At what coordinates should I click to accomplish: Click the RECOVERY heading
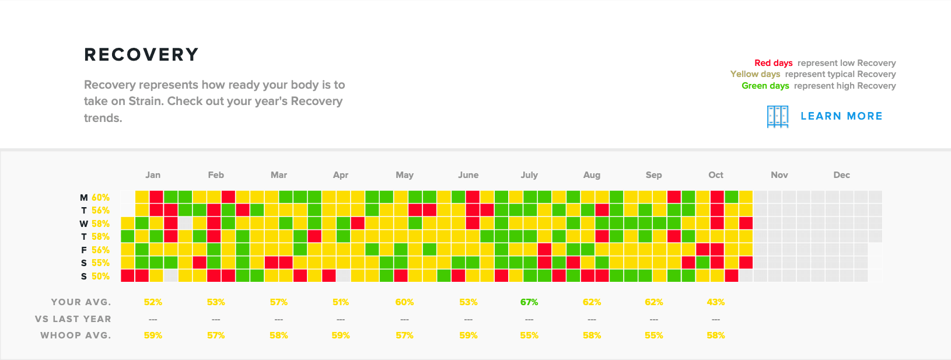coord(141,55)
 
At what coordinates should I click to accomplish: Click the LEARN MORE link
coord(841,116)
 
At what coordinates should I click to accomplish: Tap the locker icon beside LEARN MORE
coord(777,117)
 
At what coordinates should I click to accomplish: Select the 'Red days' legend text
coord(773,63)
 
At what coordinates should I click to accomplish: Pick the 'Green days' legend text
coord(765,86)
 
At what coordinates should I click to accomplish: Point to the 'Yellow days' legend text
coord(755,74)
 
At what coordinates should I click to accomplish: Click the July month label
coord(529,175)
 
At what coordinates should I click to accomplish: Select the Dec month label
coord(841,175)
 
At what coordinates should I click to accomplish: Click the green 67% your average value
coord(529,302)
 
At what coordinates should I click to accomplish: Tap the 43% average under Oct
coord(715,302)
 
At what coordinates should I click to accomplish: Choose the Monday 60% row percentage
coord(100,198)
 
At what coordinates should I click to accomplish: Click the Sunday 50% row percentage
coord(100,277)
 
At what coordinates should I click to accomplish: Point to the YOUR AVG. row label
coord(81,302)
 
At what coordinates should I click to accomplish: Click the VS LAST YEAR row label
coord(73,319)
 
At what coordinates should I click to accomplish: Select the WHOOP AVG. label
coord(75,335)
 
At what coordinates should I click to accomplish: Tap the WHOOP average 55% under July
coord(529,335)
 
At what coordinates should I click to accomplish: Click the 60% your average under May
coord(404,302)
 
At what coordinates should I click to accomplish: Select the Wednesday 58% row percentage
coord(100,224)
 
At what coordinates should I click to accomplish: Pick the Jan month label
coord(153,175)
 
